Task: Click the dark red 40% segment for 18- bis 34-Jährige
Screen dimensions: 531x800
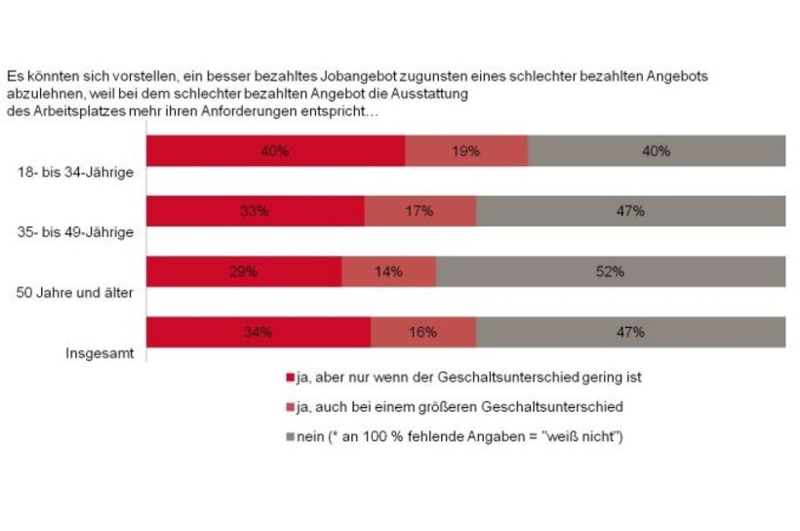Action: click(275, 151)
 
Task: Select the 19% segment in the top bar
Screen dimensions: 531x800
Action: click(466, 151)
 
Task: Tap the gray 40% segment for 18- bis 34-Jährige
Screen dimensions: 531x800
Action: click(657, 151)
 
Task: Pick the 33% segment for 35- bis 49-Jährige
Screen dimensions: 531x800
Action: click(255, 211)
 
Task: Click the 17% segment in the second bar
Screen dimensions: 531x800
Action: click(420, 211)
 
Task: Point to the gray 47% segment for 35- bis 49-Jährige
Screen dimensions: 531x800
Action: click(631, 211)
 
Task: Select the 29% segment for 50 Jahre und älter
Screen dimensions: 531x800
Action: click(244, 271)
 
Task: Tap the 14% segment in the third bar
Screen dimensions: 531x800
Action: click(388, 271)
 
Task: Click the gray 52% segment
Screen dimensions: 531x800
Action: click(611, 271)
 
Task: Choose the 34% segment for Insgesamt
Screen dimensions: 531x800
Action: click(259, 332)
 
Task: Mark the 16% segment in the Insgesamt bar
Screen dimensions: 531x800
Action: click(423, 332)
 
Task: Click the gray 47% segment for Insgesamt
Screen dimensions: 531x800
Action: click(631, 332)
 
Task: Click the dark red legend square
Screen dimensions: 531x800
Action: click(289, 377)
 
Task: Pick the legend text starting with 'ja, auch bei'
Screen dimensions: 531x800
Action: click(459, 407)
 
